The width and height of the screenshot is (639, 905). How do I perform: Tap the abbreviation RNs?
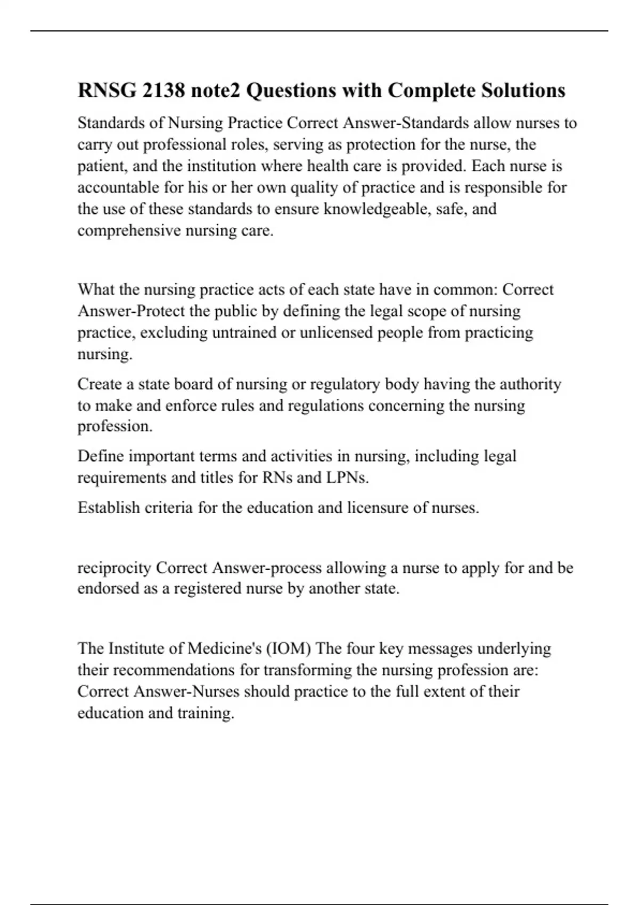277,478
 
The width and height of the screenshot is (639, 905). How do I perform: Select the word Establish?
109,507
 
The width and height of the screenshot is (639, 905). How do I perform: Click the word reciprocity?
114,568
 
